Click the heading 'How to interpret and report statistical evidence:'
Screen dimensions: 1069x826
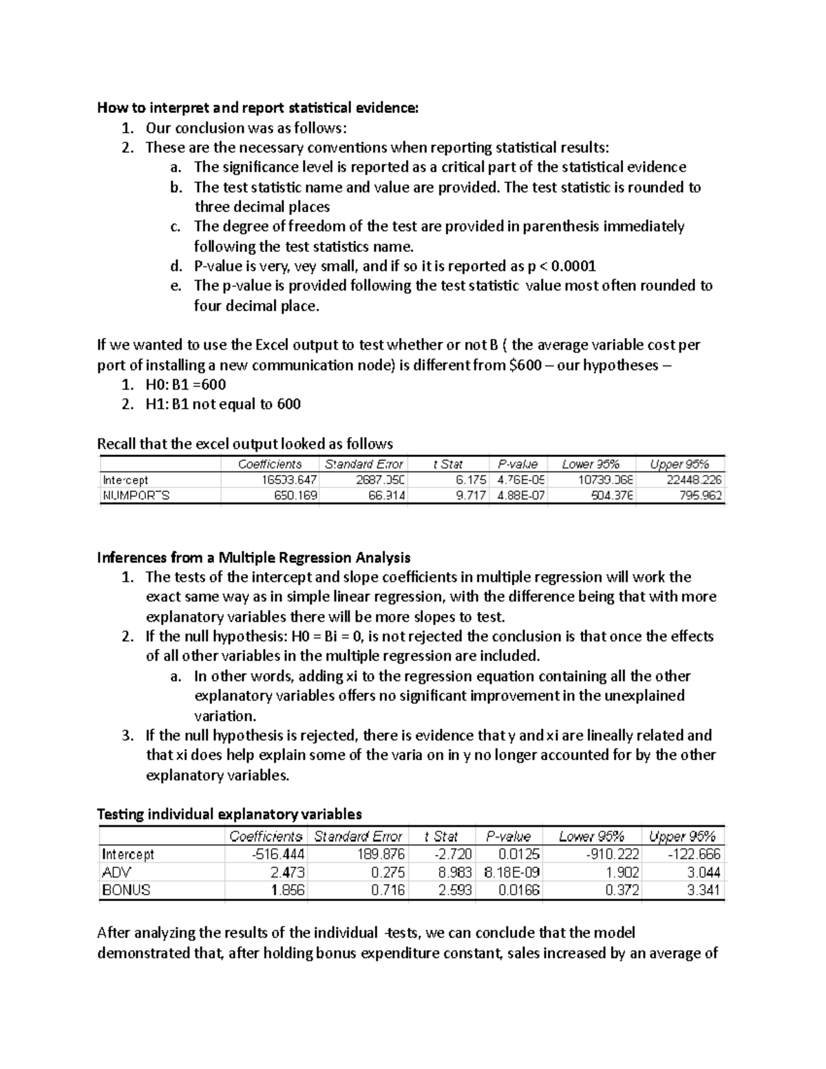[257, 107]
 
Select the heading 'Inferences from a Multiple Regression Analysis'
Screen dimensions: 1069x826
[254, 557]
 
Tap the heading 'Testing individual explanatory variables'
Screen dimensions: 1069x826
[229, 814]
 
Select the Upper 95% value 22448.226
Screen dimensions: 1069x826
[694, 480]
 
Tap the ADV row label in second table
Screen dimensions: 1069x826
[116, 872]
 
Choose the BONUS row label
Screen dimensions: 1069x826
[126, 890]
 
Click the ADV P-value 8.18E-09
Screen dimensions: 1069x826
[512, 872]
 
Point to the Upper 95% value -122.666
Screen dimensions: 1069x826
[694, 854]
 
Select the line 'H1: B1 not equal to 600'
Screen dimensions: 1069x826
[222, 404]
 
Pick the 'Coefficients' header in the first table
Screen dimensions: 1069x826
[270, 464]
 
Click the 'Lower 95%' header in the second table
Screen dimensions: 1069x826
[591, 836]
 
